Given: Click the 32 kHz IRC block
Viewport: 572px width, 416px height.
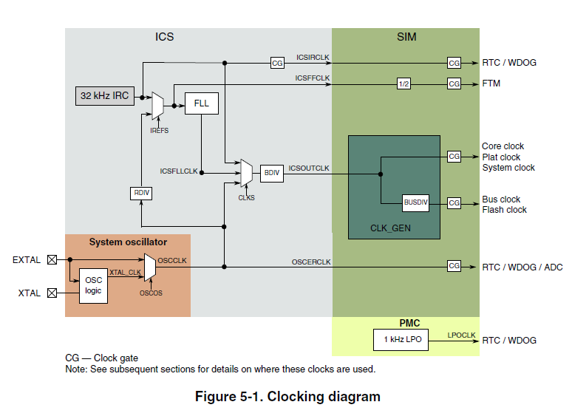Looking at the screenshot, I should [x=105, y=96].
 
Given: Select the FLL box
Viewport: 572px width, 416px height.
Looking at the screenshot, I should [x=202, y=103].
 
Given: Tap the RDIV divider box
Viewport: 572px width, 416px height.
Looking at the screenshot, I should [x=141, y=193].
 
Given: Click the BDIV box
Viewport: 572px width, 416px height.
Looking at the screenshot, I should [x=271, y=174].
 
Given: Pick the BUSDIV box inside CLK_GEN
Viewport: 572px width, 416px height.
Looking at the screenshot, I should [x=416, y=202].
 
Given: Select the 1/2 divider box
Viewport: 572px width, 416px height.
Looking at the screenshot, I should [x=404, y=83].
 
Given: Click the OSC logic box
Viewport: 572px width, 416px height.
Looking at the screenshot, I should [x=94, y=285].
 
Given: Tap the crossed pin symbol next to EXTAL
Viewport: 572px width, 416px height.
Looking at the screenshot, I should [x=52, y=260].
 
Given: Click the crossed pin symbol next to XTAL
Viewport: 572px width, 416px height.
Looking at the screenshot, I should [x=52, y=293].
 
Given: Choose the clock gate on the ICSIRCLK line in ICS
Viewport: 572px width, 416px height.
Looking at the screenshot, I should [x=277, y=63].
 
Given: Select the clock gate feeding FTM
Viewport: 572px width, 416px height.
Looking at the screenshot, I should [x=454, y=83].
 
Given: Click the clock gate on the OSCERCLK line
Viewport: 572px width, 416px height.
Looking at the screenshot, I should [x=454, y=265].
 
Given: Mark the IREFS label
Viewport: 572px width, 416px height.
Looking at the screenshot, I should [x=160, y=130].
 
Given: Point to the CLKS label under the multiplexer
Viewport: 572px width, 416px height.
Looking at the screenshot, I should [x=247, y=197].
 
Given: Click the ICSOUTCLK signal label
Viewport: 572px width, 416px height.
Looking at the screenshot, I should [x=308, y=168].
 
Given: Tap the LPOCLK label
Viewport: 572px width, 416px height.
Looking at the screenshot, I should [x=461, y=335].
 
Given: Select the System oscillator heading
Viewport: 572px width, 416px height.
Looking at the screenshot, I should [x=128, y=242].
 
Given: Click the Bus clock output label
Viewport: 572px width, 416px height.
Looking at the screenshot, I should [x=501, y=200].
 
